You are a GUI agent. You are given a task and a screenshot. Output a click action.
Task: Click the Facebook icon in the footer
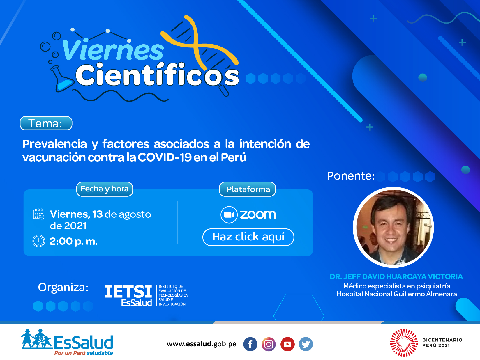(x=250, y=344)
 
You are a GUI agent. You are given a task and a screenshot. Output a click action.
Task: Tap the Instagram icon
(x=269, y=344)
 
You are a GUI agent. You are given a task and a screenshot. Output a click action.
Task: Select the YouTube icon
(x=287, y=344)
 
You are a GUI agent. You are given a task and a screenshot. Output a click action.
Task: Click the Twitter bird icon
(x=306, y=344)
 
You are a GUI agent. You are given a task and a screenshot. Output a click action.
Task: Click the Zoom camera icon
(x=229, y=215)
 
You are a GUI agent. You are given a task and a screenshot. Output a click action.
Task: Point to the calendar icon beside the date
(x=39, y=214)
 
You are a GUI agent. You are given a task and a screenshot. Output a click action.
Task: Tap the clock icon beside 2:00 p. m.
(x=39, y=241)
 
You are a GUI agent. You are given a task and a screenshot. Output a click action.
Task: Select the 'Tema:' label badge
(x=46, y=123)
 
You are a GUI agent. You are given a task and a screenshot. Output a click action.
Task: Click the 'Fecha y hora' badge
(x=105, y=189)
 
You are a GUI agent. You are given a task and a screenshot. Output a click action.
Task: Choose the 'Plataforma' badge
(x=247, y=189)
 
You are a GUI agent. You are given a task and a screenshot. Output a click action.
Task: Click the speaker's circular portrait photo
(x=393, y=227)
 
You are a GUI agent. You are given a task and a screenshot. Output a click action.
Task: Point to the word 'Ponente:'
(x=351, y=176)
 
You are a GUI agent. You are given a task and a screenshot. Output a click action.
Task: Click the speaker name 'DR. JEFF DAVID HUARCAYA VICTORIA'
(x=396, y=276)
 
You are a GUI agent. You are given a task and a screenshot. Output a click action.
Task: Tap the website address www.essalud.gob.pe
(x=201, y=344)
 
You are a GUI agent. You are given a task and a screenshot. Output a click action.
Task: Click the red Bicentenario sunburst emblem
(x=404, y=343)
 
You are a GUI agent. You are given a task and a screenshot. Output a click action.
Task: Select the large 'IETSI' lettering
(x=128, y=291)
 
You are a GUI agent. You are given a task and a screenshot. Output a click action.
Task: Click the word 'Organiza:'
(x=63, y=288)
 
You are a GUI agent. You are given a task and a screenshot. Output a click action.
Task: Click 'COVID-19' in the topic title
(x=165, y=157)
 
